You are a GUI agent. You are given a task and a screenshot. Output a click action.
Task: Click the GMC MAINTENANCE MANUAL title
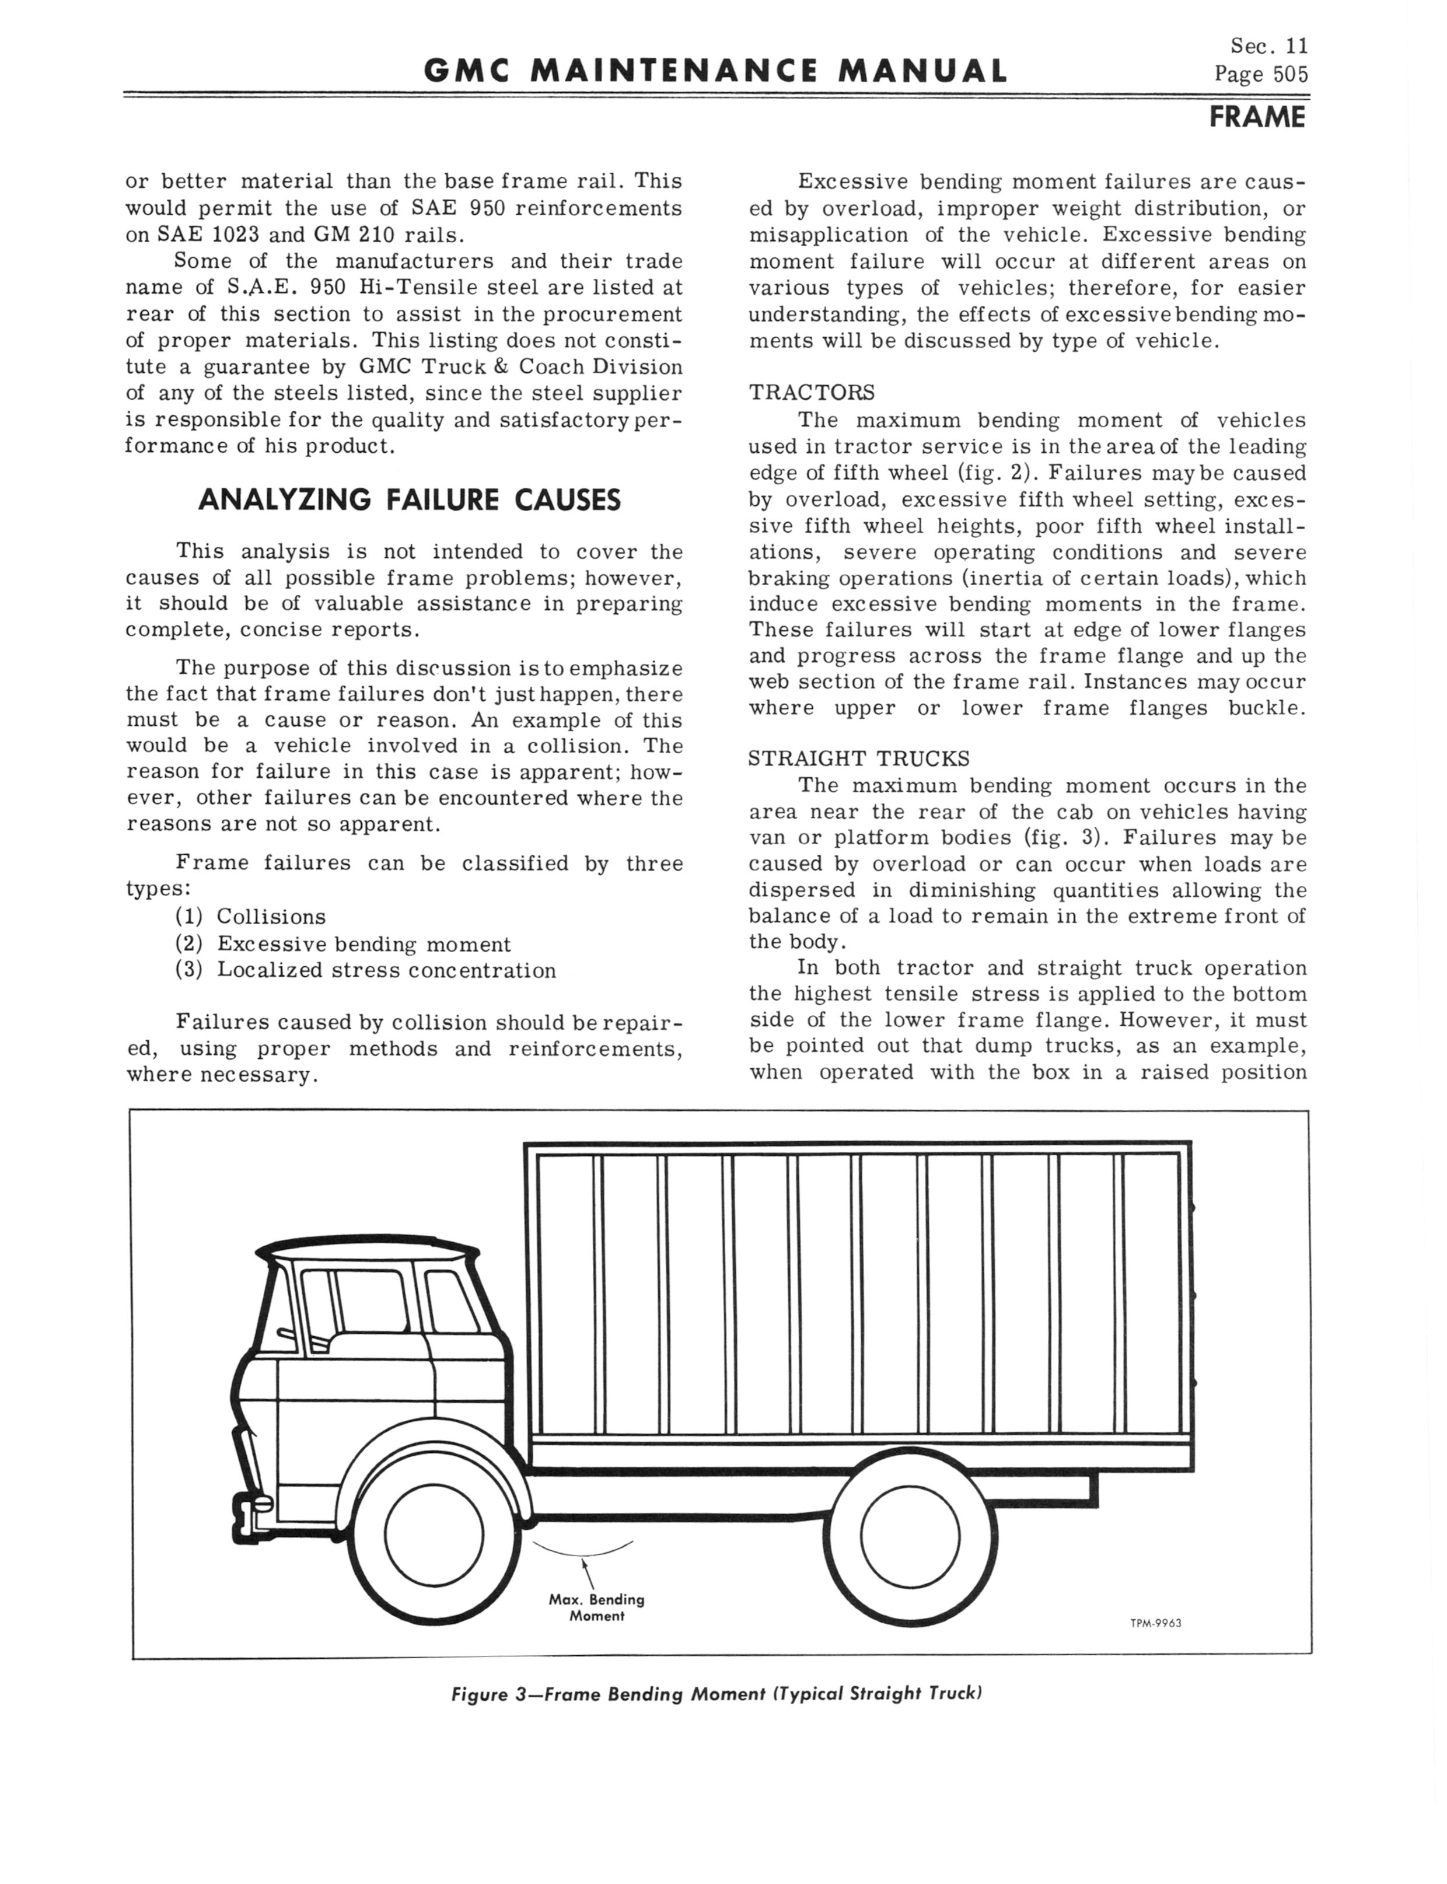(715, 71)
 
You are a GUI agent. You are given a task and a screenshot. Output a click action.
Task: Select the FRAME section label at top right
(1257, 116)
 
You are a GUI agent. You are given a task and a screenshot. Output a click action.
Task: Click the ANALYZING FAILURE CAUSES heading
(409, 499)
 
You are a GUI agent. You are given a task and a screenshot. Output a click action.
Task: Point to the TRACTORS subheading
(812, 393)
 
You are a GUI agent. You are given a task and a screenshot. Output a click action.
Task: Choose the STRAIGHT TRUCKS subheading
(859, 759)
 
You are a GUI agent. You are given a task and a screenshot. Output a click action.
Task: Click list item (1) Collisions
(251, 916)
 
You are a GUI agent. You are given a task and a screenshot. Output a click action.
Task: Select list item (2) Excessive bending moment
(343, 943)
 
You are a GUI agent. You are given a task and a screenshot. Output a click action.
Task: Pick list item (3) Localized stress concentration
(365, 970)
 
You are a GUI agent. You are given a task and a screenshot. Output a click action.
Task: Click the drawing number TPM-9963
(1155, 1623)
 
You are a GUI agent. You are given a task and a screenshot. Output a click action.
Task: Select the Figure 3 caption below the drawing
(716, 1694)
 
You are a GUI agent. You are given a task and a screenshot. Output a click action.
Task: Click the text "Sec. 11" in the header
(1268, 46)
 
